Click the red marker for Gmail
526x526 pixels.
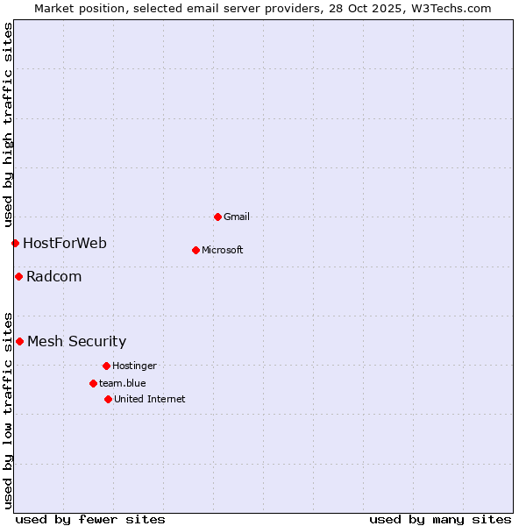[217, 217]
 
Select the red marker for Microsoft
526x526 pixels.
[195, 250]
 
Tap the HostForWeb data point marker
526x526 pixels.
[15, 243]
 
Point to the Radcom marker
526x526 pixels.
[18, 276]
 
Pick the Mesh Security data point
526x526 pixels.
[19, 341]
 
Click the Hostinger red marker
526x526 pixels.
[106, 366]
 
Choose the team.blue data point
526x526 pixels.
[93, 383]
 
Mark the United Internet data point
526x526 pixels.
[108, 399]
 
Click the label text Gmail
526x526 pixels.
[237, 217]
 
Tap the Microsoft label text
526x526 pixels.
[223, 250]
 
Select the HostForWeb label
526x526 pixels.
[65, 243]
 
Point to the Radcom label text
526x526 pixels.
[54, 276]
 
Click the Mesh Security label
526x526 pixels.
[77, 341]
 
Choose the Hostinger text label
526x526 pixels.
[134, 366]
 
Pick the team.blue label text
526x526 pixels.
[123, 383]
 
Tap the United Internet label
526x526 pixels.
[150, 399]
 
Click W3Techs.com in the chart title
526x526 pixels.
[451, 8]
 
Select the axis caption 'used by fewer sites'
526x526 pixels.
[90, 519]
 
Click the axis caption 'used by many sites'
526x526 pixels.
[440, 519]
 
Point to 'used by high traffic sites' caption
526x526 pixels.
[8, 123]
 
